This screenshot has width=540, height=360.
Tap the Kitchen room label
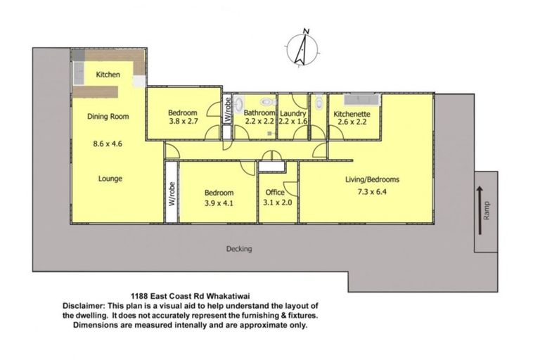(x=108, y=75)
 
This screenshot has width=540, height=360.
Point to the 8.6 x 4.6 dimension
(x=108, y=144)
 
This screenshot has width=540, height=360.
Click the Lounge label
(x=109, y=179)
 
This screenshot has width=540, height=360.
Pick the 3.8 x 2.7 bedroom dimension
(x=183, y=121)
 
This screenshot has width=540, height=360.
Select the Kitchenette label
(x=353, y=112)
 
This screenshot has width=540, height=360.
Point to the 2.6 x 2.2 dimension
(x=353, y=121)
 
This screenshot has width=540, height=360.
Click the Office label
(x=275, y=193)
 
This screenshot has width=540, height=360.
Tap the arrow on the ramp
(x=479, y=195)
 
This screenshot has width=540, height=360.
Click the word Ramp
(x=487, y=210)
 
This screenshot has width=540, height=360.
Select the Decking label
(x=239, y=249)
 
